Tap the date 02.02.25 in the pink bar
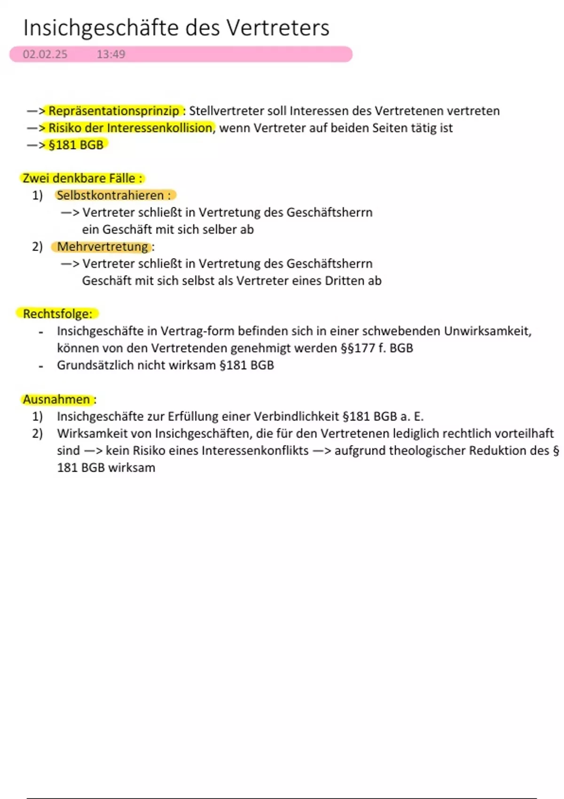[x=45, y=55]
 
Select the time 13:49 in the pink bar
[x=111, y=55]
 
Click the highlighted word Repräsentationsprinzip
[x=114, y=111]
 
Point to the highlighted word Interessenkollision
[x=159, y=128]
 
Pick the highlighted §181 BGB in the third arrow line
[x=76, y=145]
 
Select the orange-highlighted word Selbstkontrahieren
[x=110, y=196]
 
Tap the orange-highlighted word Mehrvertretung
[x=102, y=247]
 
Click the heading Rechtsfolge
[x=57, y=314]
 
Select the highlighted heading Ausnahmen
[x=56, y=399]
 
